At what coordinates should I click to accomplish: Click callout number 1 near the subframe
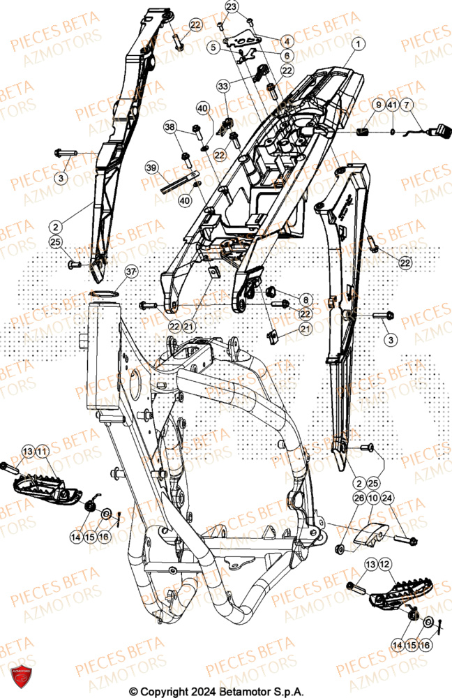tap(358, 44)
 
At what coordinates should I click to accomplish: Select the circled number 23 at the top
tap(232, 6)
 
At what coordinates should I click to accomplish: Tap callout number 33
tap(223, 86)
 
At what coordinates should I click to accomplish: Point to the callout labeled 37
tap(130, 271)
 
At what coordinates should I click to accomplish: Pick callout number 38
tap(169, 127)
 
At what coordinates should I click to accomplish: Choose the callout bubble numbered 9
tap(377, 105)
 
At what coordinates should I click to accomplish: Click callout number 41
tap(393, 105)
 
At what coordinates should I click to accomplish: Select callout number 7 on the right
tap(408, 105)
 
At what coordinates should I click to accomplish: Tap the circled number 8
tap(308, 299)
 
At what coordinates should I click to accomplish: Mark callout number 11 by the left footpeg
tap(43, 452)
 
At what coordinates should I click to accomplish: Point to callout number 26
tap(340, 498)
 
